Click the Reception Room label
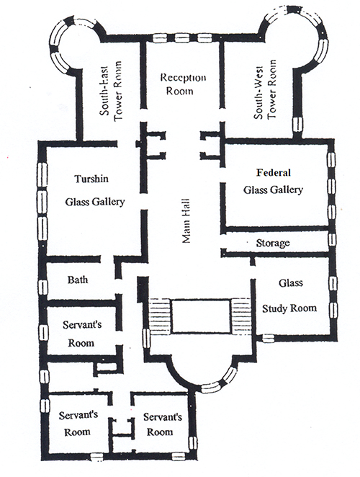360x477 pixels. (183, 84)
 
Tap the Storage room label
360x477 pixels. (273, 243)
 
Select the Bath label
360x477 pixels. (78, 280)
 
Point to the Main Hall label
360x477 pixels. (186, 221)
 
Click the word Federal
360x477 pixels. (274, 173)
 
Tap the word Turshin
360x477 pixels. (91, 178)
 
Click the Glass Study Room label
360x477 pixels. (289, 295)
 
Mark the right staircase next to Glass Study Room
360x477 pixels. (241, 317)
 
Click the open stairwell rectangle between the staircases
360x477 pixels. (201, 317)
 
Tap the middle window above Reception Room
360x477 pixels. (181, 38)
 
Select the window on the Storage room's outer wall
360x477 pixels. (333, 239)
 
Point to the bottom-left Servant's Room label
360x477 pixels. (78, 424)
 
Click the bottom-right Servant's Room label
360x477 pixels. (163, 424)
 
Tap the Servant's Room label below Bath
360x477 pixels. (82, 334)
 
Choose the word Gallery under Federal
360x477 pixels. (287, 190)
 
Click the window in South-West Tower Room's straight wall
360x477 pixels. (298, 125)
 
